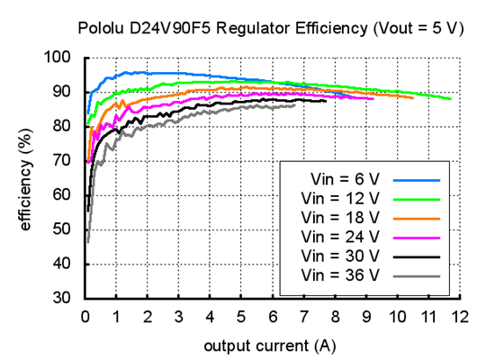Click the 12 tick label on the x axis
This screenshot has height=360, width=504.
click(460, 317)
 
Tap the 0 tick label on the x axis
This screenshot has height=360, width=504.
click(85, 317)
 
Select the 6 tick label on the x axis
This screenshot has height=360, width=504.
click(272, 317)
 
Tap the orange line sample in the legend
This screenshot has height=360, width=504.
click(415, 218)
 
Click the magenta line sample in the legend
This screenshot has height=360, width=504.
click(415, 237)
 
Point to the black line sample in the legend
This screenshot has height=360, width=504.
click(415, 256)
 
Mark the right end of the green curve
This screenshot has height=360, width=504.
click(451, 99)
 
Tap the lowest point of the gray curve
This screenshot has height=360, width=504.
click(87, 241)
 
